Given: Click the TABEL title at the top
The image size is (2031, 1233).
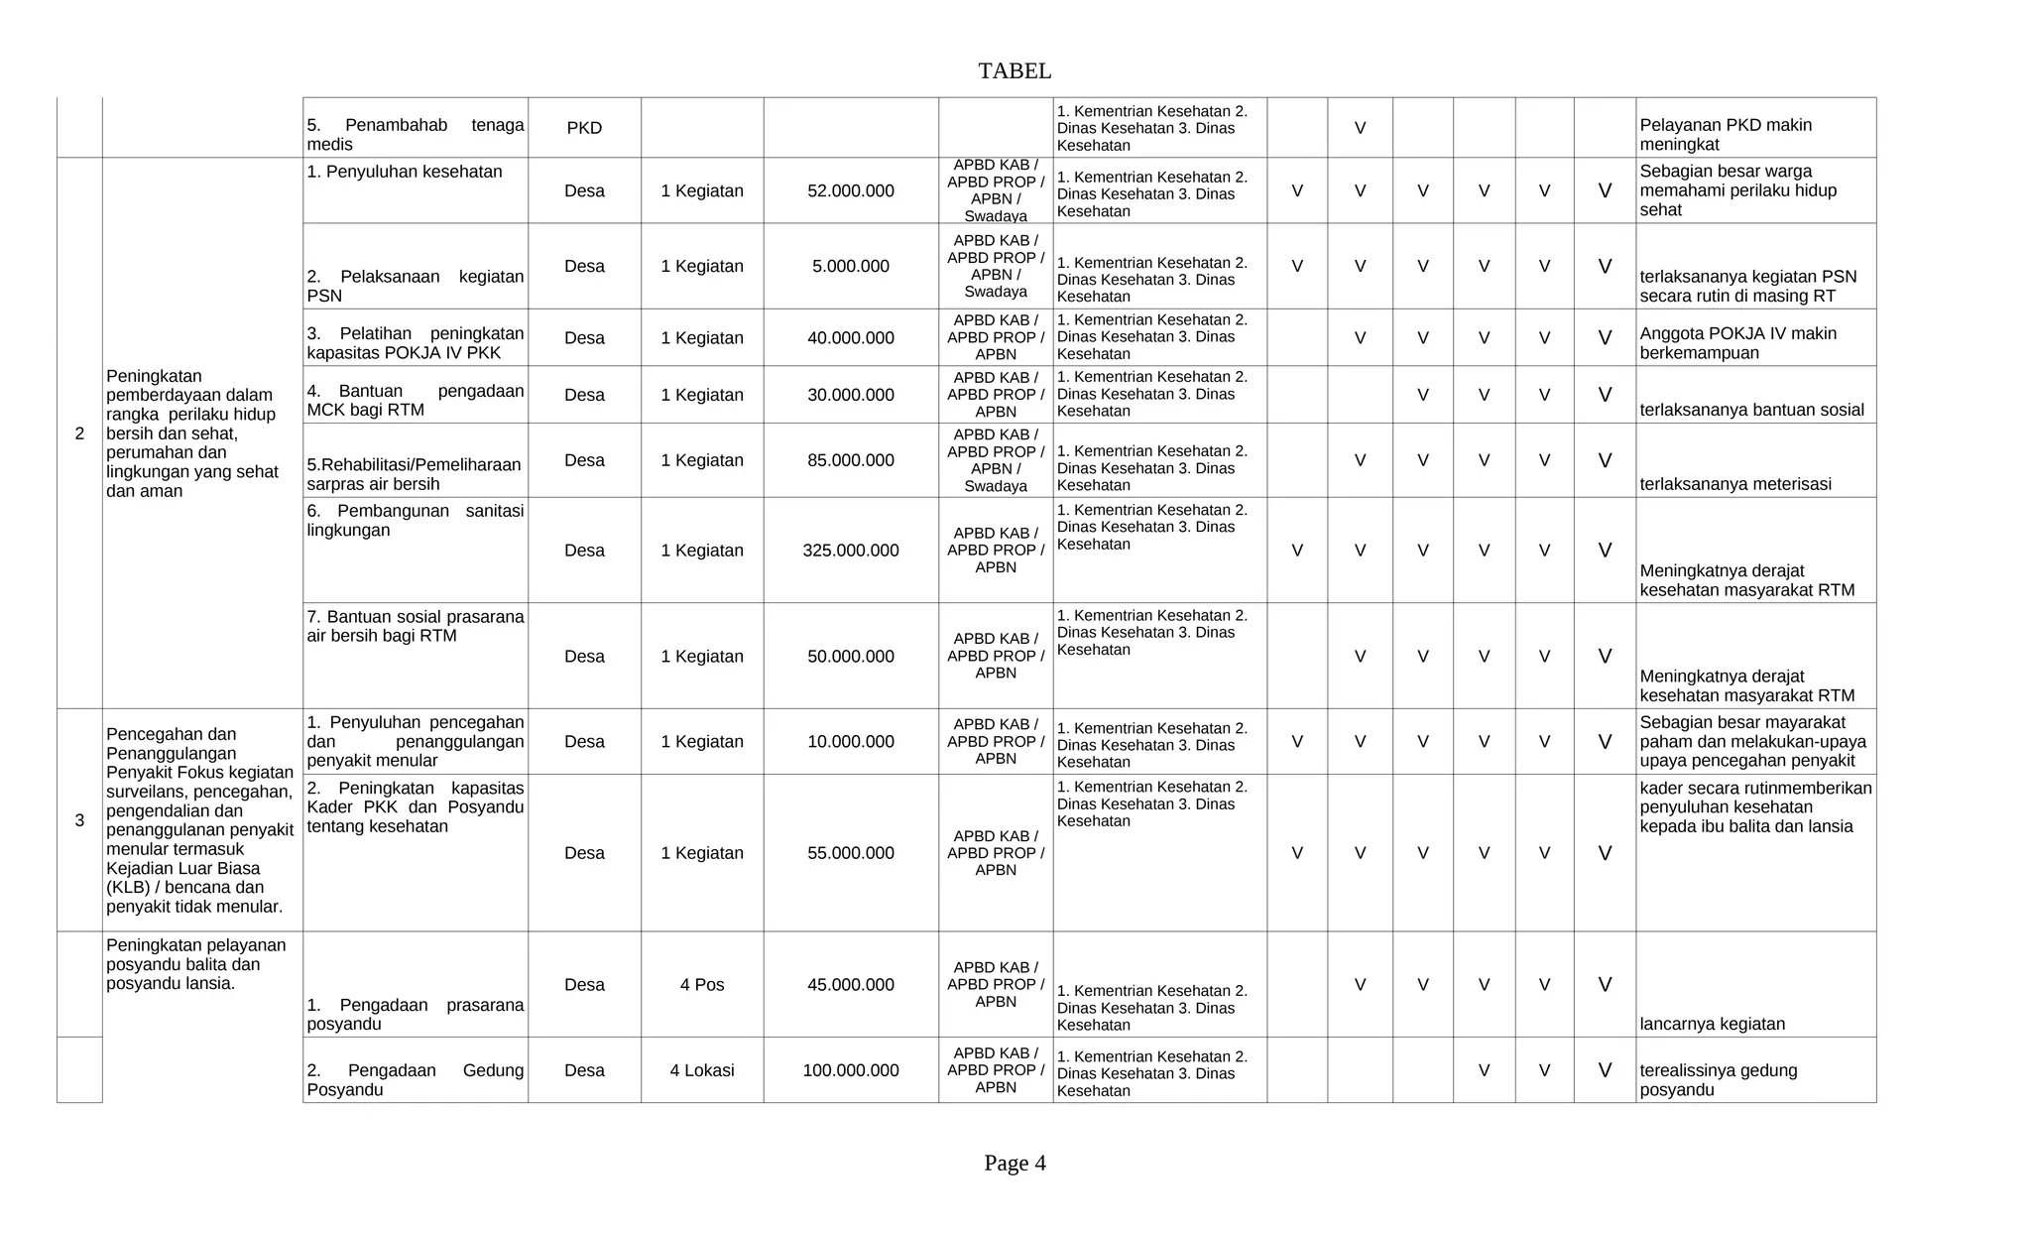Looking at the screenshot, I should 1014,70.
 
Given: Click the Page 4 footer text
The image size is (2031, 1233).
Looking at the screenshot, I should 1014,1163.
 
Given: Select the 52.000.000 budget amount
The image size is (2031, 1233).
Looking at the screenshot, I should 850,190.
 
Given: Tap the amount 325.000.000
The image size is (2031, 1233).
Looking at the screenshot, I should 850,551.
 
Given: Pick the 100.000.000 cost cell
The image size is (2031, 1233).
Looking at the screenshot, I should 850,1070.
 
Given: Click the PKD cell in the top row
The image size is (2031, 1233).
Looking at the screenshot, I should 584,128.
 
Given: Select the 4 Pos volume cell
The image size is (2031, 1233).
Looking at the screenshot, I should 701,985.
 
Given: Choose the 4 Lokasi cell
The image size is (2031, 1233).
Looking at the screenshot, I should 701,1070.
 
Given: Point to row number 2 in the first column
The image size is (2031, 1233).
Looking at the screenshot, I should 79,433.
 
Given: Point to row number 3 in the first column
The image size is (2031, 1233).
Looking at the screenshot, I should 79,820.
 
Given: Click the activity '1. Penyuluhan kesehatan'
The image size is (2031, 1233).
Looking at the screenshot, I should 404,172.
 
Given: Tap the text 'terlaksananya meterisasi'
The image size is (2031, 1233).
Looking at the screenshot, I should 1734,484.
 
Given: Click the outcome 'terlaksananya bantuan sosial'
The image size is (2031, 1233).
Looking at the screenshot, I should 1751,410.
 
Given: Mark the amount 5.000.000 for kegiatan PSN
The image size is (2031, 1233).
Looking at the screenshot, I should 850,266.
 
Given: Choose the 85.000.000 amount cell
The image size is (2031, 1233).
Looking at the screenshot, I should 850,460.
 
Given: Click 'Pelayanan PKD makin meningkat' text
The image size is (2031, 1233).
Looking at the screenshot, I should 1725,135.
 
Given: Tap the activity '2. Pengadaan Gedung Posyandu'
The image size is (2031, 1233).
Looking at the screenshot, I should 415,1079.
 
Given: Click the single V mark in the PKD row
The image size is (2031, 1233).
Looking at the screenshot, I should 1360,128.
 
